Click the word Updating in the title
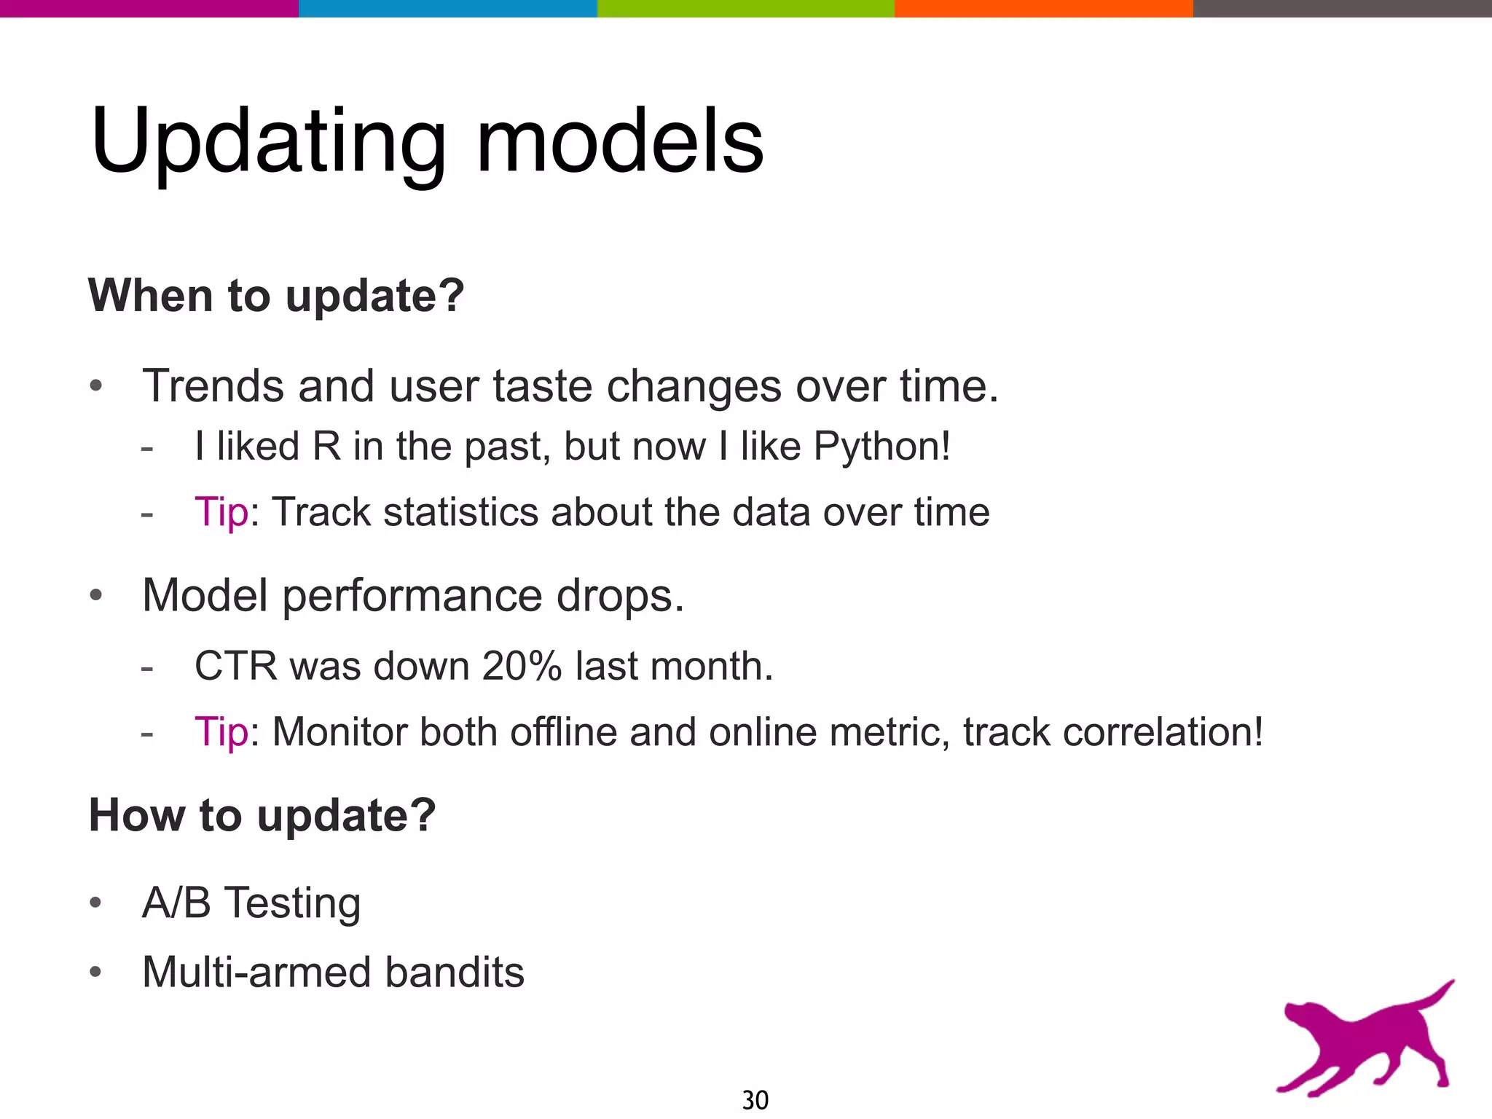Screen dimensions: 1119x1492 click(268, 142)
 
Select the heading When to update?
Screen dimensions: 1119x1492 click(276, 296)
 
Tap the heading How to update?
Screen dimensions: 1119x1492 click(262, 814)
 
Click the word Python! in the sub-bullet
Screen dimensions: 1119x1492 click(882, 446)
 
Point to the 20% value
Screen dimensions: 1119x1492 click(522, 666)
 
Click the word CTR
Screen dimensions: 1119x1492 click(236, 666)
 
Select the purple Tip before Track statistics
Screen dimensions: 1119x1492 click(221, 511)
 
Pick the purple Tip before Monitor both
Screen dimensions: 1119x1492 click(221, 731)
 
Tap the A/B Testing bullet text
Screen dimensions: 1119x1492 click(251, 903)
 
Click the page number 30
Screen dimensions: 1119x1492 click(755, 1099)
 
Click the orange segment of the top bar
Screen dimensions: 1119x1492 click(1043, 8)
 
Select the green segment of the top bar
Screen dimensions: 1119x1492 click(745, 8)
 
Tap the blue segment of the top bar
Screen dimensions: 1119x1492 click(447, 8)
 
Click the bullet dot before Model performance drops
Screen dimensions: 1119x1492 click(96, 596)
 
